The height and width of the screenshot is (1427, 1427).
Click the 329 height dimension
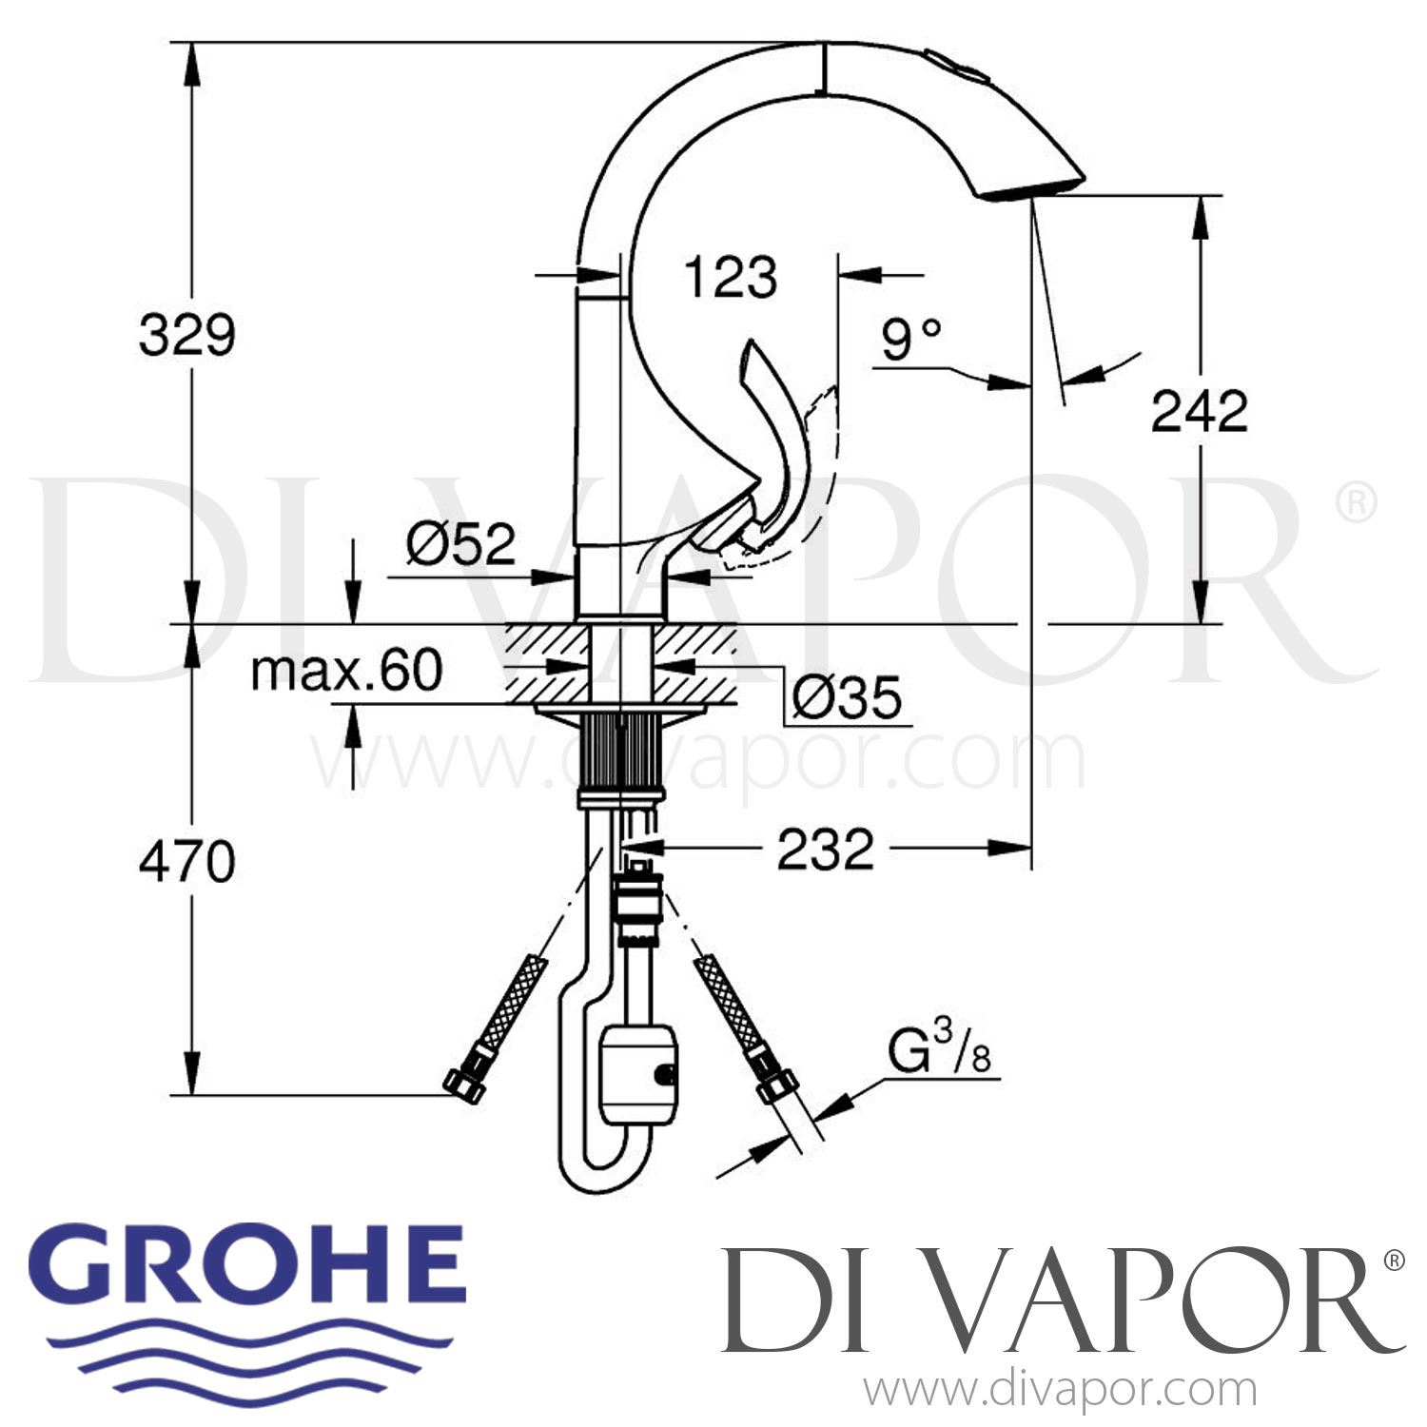[186, 335]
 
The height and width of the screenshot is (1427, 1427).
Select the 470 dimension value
[186, 862]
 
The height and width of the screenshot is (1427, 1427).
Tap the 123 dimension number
[730, 278]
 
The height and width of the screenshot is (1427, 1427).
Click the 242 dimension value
[1199, 411]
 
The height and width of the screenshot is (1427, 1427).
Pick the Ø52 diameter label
[460, 544]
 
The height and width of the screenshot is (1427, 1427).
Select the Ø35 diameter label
[847, 698]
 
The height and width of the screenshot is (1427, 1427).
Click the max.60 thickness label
[346, 671]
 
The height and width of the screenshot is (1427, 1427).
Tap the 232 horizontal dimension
[825, 850]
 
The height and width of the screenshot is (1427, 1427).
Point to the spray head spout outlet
[1032, 188]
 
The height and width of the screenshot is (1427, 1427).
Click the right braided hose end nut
[776, 1085]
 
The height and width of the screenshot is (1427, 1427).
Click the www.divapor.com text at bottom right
[1060, 1390]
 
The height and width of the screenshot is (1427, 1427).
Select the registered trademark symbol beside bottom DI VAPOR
[1393, 1261]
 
